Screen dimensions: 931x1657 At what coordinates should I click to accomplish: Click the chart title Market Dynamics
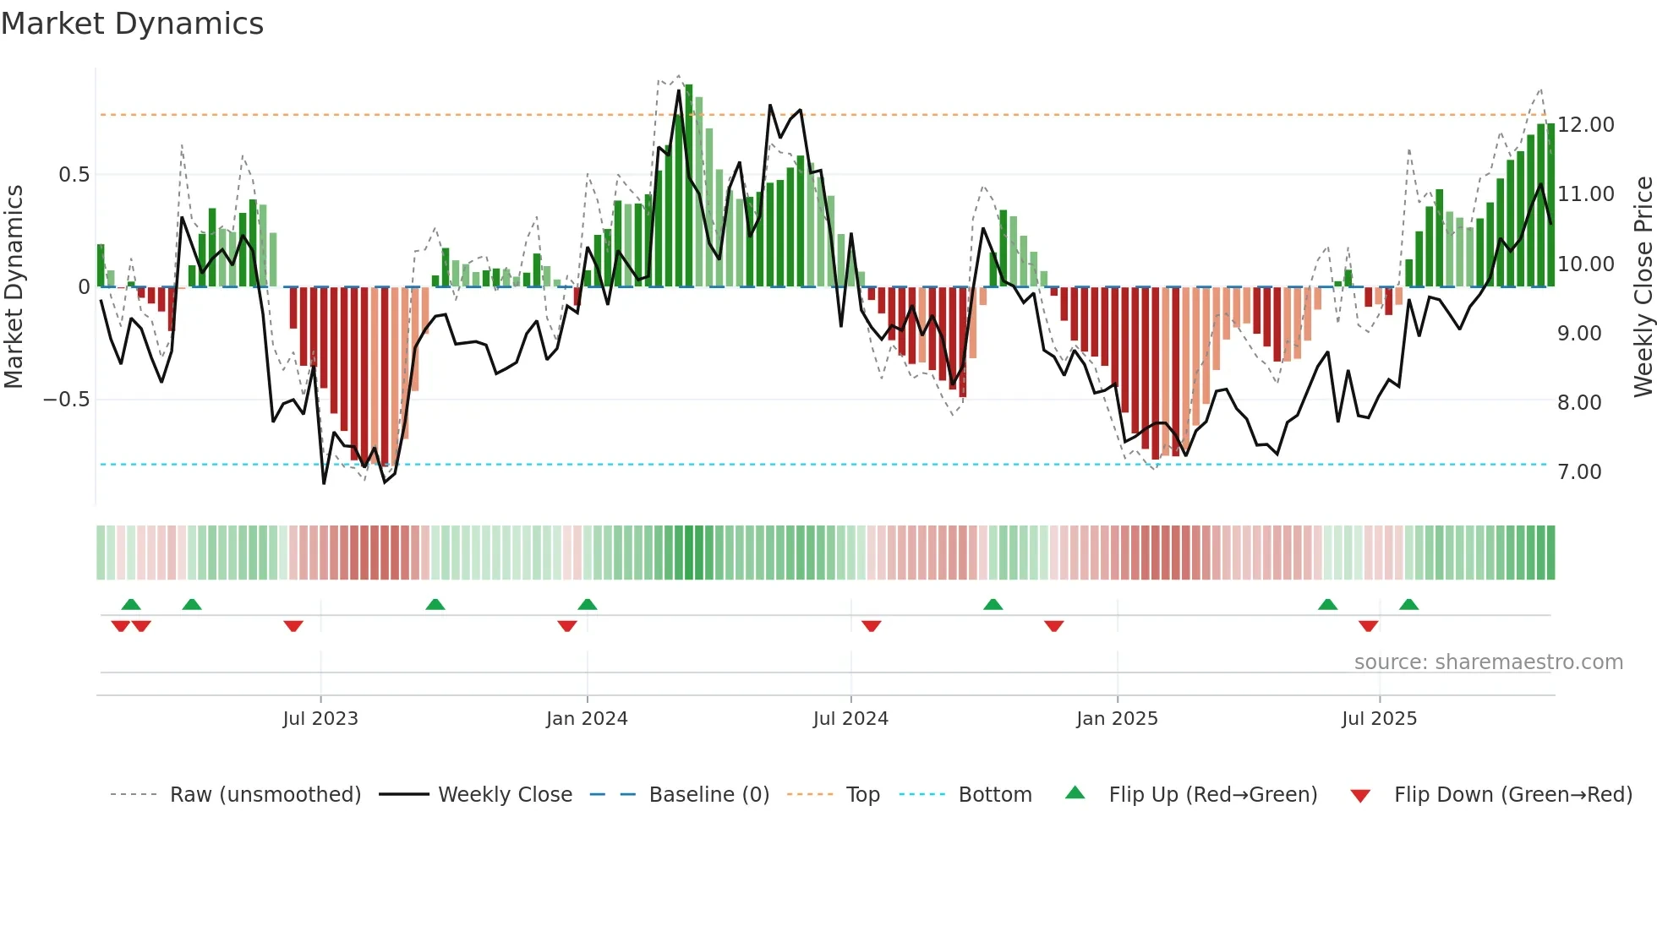coord(132,24)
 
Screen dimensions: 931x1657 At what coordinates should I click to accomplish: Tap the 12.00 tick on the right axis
coord(1585,125)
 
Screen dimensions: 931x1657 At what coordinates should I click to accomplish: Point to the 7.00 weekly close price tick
coord(1578,472)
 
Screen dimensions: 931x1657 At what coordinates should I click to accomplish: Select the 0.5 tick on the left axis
coord(74,175)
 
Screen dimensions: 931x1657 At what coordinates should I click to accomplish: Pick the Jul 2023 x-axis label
coord(320,719)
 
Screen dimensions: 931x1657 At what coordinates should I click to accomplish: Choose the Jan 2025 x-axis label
coord(1116,719)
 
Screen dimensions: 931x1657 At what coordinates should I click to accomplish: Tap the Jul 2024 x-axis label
coord(850,719)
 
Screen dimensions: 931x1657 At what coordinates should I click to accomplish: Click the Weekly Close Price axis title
coord(1643,287)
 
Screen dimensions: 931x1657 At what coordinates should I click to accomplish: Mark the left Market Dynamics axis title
coord(14,287)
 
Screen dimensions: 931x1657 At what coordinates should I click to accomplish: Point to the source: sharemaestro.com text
coord(1488,662)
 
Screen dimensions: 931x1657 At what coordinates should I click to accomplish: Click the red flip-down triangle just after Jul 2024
coord(871,626)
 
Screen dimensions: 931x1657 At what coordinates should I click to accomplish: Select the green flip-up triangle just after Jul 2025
coord(1408,604)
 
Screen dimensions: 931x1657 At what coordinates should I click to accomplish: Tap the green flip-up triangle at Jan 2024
coord(587,604)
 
